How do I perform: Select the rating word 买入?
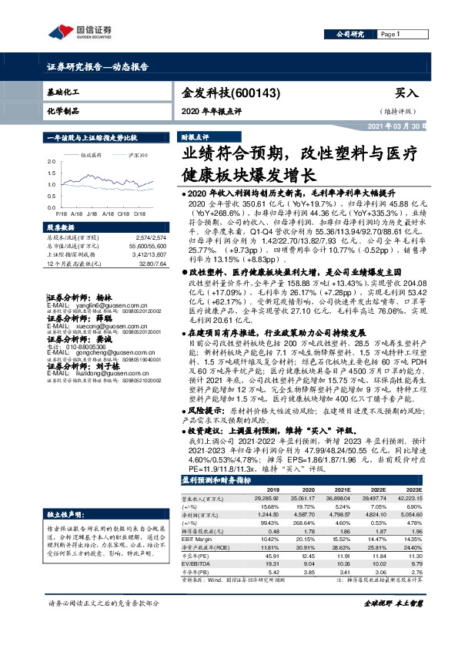[x=406, y=92]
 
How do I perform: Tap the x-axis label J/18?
[x=92, y=214]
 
